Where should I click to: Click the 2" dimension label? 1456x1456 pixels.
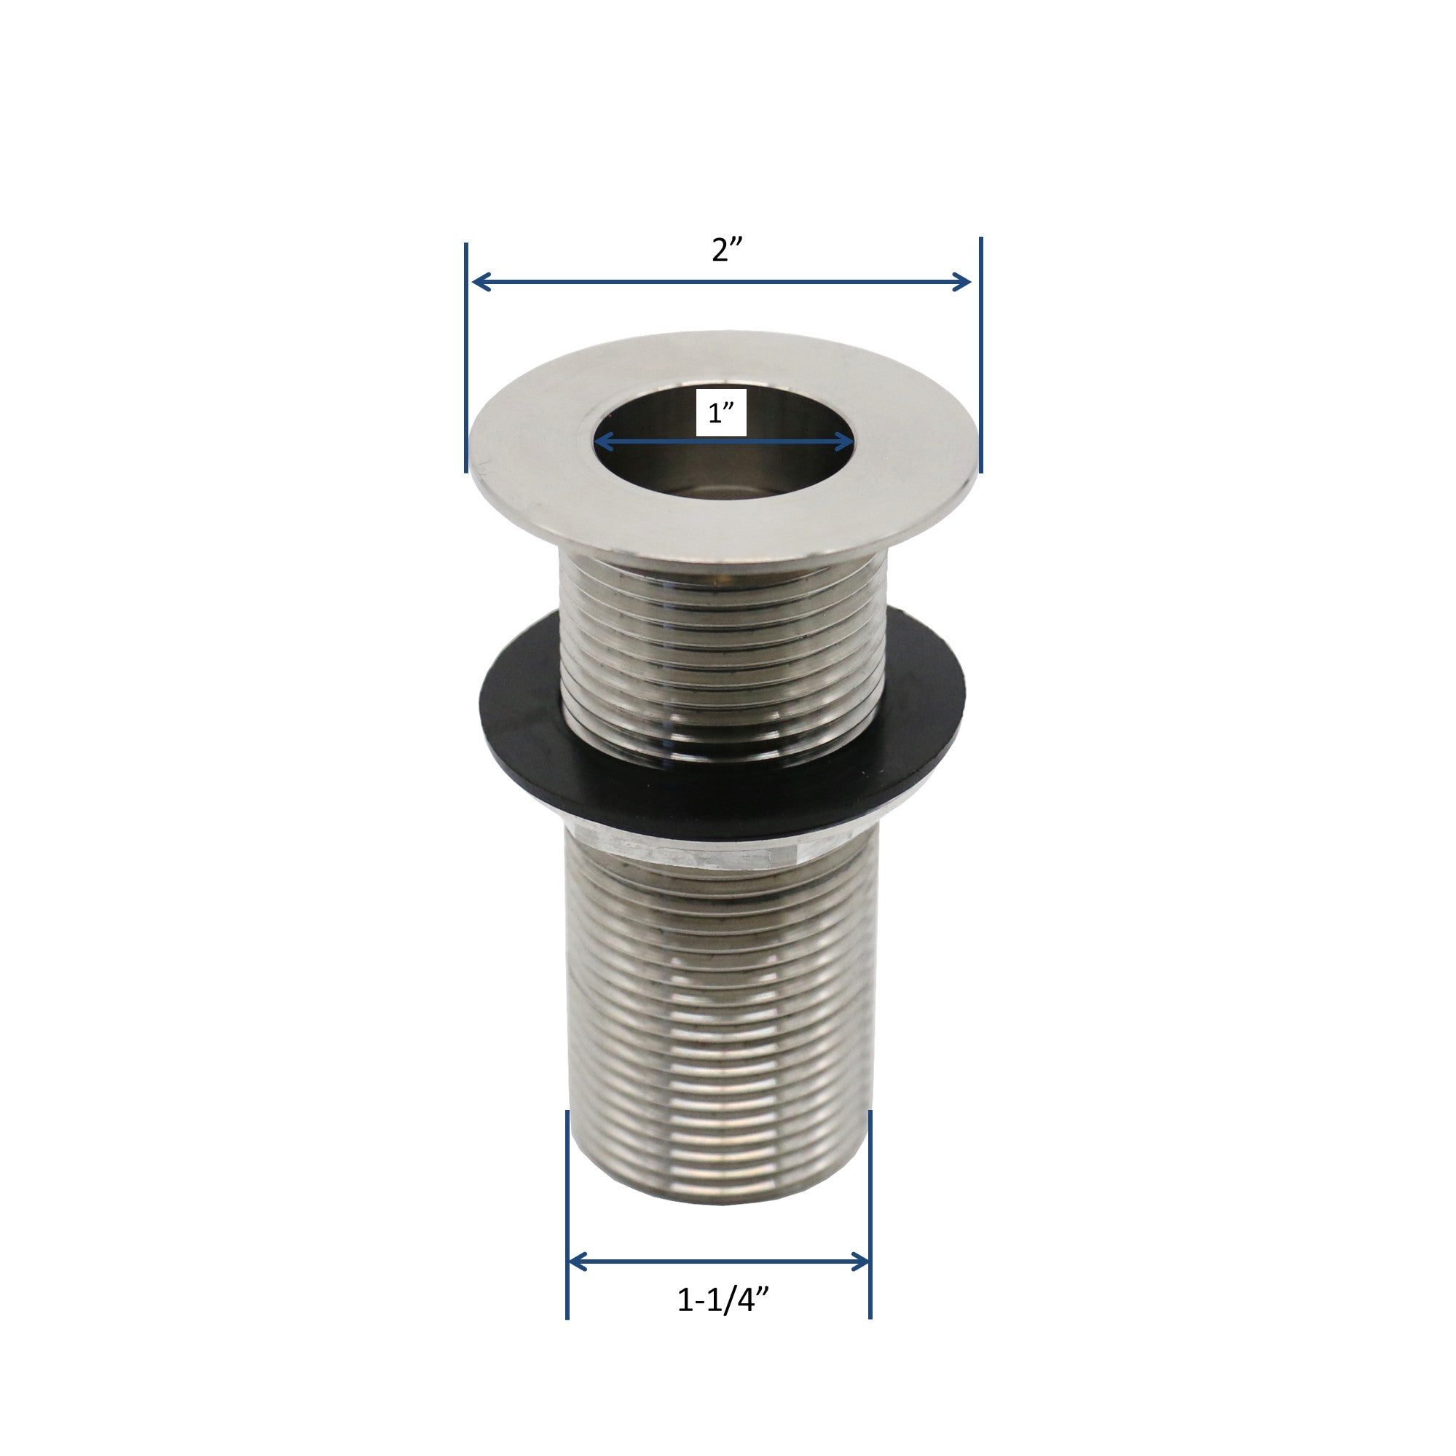(x=726, y=251)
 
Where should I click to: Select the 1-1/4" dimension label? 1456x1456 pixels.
(x=723, y=1300)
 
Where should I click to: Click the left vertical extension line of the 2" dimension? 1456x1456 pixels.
(x=466, y=358)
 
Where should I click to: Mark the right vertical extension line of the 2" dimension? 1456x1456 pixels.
(x=980, y=354)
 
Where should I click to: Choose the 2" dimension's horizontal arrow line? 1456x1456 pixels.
(x=723, y=283)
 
